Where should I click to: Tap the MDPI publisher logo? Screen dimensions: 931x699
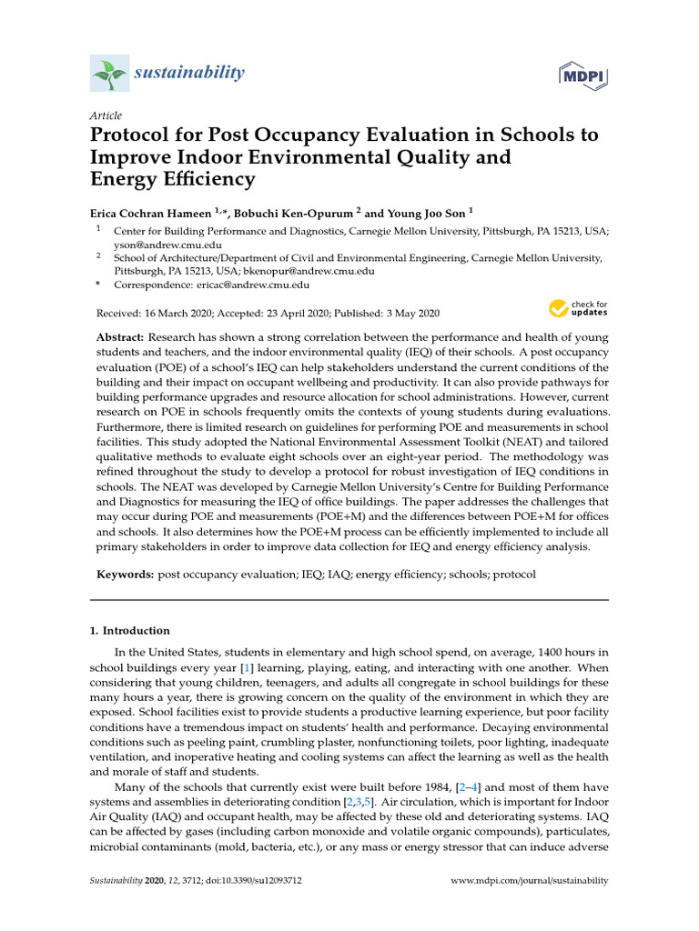point(582,74)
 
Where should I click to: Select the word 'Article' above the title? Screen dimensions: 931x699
point(105,115)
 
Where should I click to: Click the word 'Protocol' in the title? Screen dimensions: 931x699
point(134,135)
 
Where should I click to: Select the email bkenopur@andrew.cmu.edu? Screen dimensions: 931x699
point(309,271)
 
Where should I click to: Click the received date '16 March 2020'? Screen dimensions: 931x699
point(184,313)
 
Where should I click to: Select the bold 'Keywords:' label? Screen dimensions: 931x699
point(127,576)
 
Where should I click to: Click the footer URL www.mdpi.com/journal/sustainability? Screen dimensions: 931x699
point(530,881)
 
